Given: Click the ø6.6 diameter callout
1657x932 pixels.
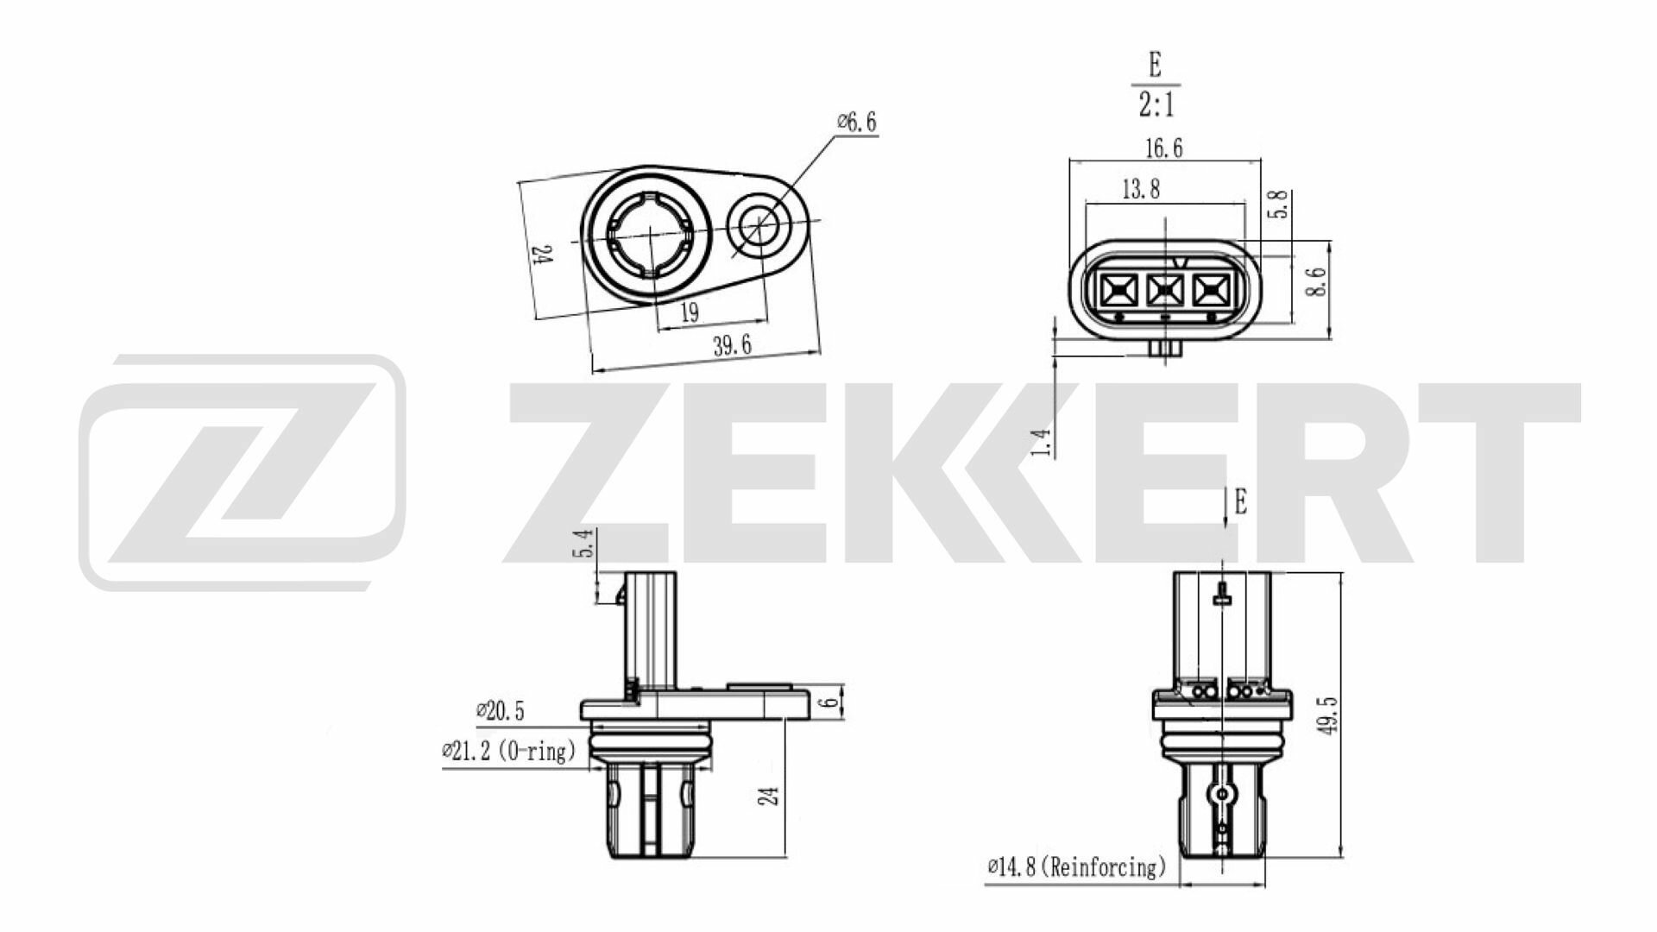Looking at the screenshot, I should coord(856,123).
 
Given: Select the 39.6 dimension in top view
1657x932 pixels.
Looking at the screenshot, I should coord(732,346).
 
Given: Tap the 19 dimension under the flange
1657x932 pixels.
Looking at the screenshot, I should coord(689,312).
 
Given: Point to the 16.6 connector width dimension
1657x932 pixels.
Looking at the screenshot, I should coord(1163,148).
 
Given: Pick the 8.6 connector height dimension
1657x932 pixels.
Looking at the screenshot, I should coord(1314,281).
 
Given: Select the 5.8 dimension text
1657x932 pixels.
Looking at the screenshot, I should coord(1281,204).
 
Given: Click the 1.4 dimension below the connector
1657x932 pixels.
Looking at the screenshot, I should coord(1042,442).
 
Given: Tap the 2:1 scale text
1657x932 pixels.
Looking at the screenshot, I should coord(1155,105).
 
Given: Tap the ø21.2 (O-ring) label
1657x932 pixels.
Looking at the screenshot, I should coord(508,751).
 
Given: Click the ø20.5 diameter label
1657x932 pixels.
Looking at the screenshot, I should coord(500,711).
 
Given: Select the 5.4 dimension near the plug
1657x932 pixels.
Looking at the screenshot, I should coord(584,544).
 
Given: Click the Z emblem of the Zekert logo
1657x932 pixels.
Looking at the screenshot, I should coord(243,471).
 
